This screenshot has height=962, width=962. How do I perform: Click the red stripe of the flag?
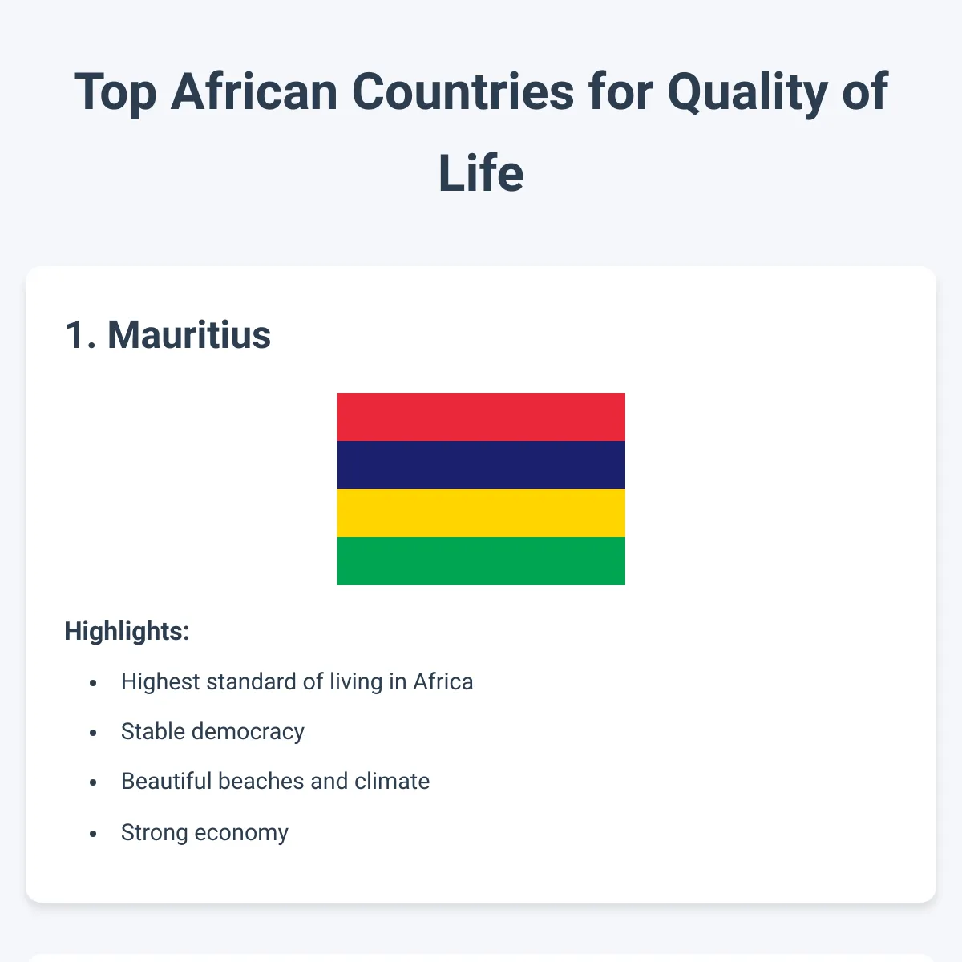[481, 417]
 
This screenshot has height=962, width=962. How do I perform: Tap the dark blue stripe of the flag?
[481, 465]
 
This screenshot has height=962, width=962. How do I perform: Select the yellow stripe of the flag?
[481, 513]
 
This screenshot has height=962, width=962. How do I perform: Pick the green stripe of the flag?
[481, 561]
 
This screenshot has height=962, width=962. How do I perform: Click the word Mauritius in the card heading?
[189, 335]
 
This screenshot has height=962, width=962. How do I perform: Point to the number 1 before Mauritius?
[76, 335]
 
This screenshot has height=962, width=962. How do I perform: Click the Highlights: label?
[127, 631]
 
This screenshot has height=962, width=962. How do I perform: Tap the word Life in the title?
[481, 173]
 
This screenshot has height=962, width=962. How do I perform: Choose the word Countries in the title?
[463, 91]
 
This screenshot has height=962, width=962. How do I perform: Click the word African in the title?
[254, 91]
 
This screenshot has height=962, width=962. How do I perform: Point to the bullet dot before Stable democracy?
[93, 733]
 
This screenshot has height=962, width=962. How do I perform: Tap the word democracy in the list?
[248, 732]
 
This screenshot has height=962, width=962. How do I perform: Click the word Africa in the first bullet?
[443, 681]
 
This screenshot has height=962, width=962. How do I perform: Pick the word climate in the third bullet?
[392, 782]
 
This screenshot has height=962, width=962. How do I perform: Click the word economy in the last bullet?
[241, 833]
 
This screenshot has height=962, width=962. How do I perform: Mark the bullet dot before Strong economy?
[93, 833]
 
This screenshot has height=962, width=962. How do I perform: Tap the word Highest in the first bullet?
[160, 682]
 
